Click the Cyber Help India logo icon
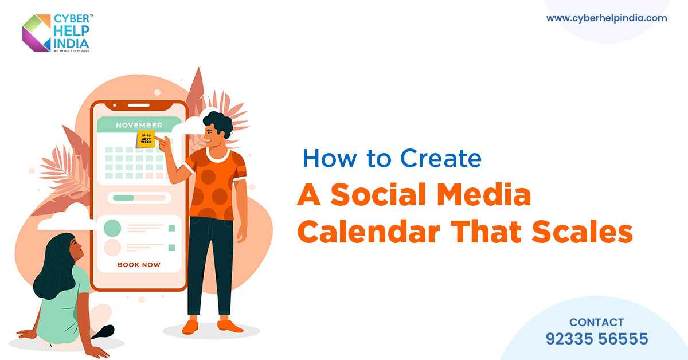[36, 33]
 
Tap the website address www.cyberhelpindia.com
[607, 18]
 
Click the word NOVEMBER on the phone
[139, 124]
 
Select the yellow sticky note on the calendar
[146, 139]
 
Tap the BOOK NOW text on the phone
[139, 265]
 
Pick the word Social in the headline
[371, 196]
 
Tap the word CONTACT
[596, 322]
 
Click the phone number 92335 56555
[596, 339]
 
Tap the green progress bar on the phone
[124, 198]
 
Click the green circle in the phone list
[112, 228]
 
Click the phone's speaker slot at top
[138, 105]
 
